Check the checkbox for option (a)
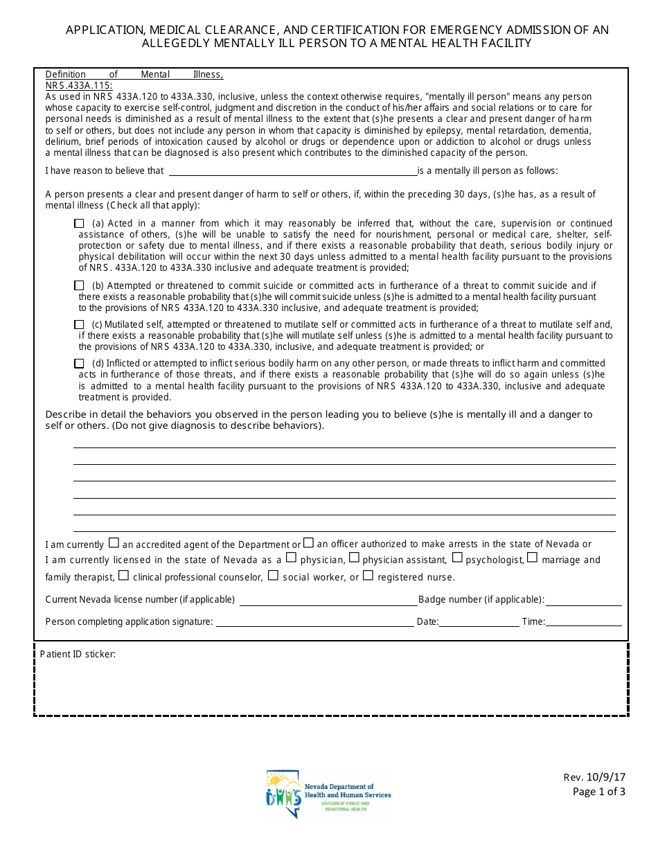coord(79,224)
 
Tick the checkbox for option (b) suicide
coord(79,285)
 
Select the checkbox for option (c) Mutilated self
coord(79,324)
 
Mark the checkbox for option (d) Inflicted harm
coord(79,363)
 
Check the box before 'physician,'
coord(291,557)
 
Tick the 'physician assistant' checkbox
coord(354,557)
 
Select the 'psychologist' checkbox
coord(457,557)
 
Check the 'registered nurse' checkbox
coord(368,575)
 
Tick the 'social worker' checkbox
coord(273,575)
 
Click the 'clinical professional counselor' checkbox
coord(123,575)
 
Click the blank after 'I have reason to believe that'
coord(292,171)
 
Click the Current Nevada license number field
coord(328,600)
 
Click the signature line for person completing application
coord(314,621)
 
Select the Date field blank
coord(479,621)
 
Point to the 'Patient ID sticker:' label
coord(78,654)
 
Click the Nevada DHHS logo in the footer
coord(328,795)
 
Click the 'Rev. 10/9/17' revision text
coord(594,779)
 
